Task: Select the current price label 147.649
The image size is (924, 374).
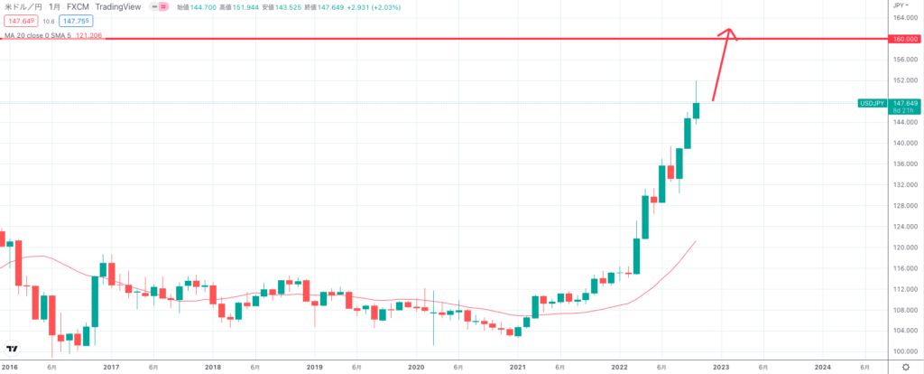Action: pyautogui.click(x=903, y=103)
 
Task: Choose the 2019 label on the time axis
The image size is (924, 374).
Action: pyautogui.click(x=314, y=367)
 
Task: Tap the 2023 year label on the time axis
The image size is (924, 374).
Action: pyautogui.click(x=721, y=367)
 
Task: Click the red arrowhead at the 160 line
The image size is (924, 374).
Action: pyautogui.click(x=729, y=34)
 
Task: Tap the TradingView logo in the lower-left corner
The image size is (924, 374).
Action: pyautogui.click(x=13, y=350)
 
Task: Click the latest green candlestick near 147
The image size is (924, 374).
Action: pyautogui.click(x=697, y=110)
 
